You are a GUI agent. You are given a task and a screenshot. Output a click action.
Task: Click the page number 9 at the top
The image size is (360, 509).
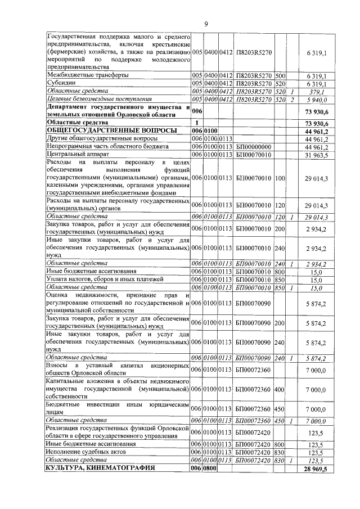coord(206,23)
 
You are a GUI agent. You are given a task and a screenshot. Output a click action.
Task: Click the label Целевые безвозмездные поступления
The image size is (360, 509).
coord(96,100)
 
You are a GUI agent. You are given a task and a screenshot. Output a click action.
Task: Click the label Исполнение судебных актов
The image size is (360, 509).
coord(90,452)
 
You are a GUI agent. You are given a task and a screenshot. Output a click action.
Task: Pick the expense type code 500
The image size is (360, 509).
coord(281,75)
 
